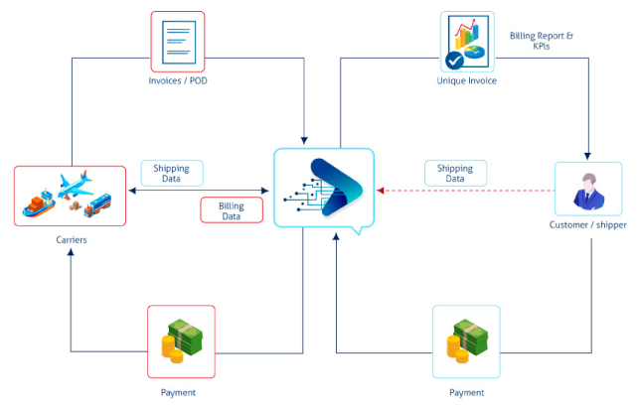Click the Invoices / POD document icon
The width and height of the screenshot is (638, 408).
coord(179,43)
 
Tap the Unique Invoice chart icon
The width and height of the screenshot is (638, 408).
coord(468,42)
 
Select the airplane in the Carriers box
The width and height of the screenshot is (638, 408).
coord(76,184)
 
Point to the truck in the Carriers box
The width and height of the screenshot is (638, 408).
coord(97,205)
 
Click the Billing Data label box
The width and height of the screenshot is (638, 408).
coord(232,210)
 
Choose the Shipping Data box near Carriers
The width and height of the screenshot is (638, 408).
coord(172,173)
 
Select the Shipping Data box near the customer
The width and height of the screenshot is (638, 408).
coord(455,173)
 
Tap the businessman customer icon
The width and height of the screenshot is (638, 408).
coord(588,191)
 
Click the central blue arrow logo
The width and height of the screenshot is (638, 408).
coord(336,187)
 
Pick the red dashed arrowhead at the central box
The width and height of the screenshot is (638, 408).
coord(380,191)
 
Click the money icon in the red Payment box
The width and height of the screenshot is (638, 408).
coord(182,340)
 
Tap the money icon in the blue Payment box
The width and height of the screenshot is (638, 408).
coord(467,340)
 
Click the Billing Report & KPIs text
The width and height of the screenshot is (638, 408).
coord(542,41)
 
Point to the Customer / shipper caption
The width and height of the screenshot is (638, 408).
coord(588,224)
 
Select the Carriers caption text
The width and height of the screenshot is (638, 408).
coord(72,240)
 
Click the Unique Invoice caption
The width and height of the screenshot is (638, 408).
coord(467,80)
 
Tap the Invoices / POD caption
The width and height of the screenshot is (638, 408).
coord(178,80)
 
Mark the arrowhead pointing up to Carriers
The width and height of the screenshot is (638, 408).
coord(71,252)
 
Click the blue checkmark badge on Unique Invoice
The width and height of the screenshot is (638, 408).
coord(454,61)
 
